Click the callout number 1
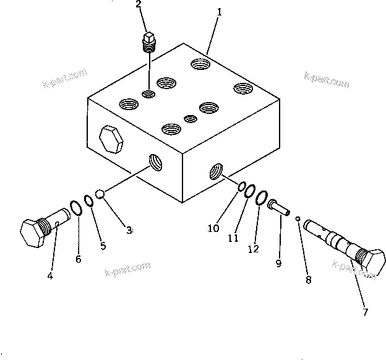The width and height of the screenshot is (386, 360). tap(219, 11)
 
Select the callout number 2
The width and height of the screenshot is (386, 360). tap(139, 6)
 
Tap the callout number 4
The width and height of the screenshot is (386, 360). tap(50, 276)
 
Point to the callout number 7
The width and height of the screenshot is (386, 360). tap(365, 312)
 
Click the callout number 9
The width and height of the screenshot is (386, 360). tap(278, 264)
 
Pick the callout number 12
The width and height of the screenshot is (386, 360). tap(252, 249)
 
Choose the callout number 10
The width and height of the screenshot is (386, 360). tap(213, 228)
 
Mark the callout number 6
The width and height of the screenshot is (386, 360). tap(78, 259)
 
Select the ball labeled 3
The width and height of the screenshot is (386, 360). tap(102, 195)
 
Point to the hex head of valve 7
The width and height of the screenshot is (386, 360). tap(366, 260)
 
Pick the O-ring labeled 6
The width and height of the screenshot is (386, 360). tap(75, 208)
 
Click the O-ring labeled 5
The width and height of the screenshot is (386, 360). tap(90, 201)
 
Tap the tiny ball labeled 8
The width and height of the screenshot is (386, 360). tap(298, 219)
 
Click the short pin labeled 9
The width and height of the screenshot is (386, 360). tap(279, 209)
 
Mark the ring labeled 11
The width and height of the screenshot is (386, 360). tap(249, 192)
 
